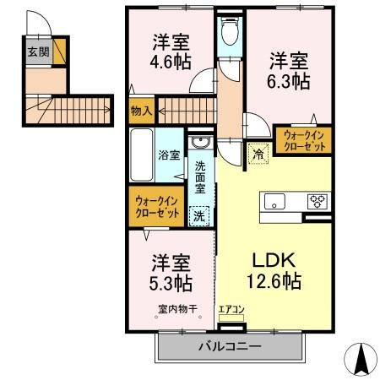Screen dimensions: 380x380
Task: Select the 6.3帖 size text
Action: click(290, 82)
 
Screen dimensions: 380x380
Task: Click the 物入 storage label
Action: click(142, 110)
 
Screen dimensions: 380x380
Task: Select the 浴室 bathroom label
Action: click(169, 155)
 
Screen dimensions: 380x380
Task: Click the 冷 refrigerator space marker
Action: click(258, 155)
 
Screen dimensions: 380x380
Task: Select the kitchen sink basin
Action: click(276, 201)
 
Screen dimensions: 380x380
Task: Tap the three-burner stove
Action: click(318, 201)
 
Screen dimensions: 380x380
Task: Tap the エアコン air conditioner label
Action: click(230, 310)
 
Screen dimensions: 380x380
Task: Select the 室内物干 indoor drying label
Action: click(176, 309)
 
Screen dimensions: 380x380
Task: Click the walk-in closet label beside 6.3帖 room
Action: click(301, 139)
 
